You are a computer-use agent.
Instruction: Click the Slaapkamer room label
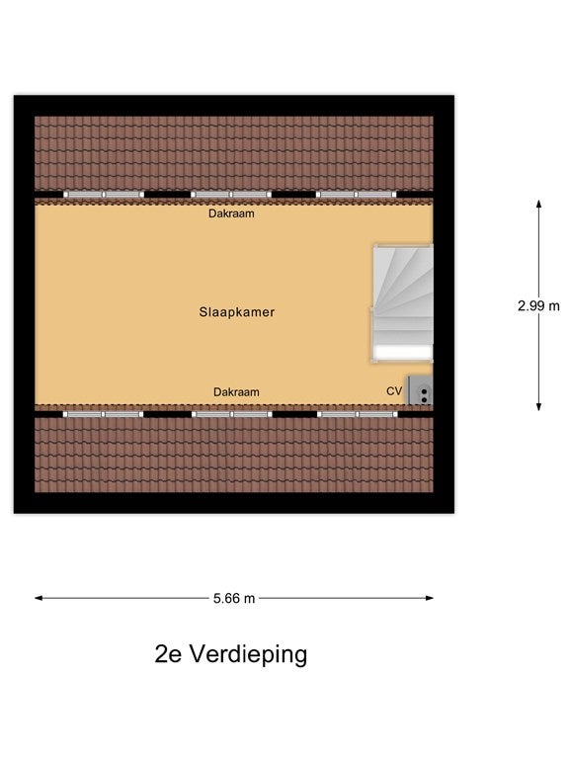tap(237, 312)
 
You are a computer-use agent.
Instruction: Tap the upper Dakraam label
tap(231, 213)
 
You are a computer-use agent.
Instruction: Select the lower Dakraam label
tap(236, 392)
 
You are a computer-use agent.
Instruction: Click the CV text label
tap(394, 391)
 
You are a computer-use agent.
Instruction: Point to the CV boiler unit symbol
tap(420, 390)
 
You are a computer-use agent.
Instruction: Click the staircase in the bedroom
tap(403, 303)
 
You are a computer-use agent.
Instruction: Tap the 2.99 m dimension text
tap(538, 306)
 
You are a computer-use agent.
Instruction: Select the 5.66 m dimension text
tap(234, 599)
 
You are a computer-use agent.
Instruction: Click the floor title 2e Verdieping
tap(231, 654)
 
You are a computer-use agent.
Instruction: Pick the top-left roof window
tap(104, 195)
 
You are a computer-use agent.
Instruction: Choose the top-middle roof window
tap(231, 195)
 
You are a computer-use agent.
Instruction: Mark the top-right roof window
tap(356, 195)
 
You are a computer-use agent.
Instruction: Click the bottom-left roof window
tap(104, 414)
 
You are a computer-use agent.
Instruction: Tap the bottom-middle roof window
tap(232, 414)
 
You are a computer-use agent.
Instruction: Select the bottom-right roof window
tap(357, 414)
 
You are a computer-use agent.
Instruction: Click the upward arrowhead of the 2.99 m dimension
tap(538, 204)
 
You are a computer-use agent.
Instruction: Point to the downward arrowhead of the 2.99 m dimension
tap(538, 407)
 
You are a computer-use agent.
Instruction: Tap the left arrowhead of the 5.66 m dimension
tap(39, 598)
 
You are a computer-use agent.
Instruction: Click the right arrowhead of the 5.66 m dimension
tap(429, 598)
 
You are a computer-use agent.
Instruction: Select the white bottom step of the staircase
tap(403, 353)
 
